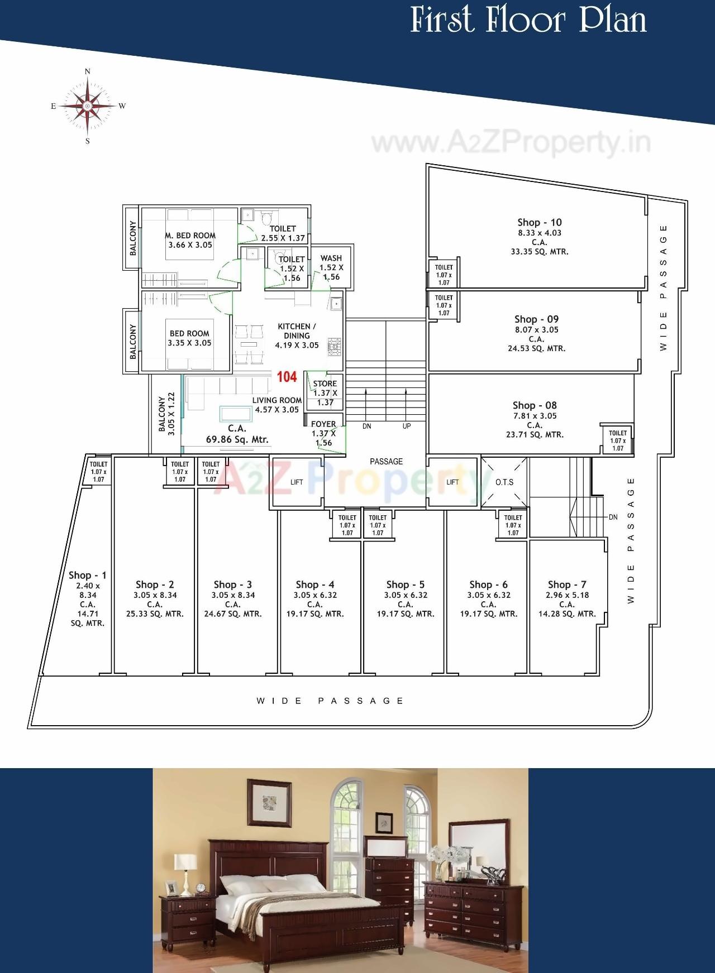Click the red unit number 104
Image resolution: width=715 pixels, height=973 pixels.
287,377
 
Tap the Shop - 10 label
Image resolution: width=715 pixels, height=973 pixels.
539,222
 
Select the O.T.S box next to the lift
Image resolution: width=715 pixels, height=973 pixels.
504,482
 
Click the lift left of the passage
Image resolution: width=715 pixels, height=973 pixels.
297,482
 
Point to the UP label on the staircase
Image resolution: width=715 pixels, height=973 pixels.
407,426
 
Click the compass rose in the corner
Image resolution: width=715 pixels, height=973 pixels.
87,106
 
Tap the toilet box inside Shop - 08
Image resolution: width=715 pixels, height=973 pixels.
617,440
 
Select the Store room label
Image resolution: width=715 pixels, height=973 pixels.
325,384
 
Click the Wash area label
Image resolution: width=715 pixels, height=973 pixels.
331,258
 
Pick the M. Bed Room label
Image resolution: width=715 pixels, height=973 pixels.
190,236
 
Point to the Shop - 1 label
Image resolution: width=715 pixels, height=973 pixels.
88,575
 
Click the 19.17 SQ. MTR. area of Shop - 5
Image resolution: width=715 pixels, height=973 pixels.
405,613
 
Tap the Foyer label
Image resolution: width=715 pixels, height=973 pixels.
323,424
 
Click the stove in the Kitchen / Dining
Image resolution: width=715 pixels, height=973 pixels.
335,346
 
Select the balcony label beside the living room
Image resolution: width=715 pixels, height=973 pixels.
162,413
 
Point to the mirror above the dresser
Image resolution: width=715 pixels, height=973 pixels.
480,847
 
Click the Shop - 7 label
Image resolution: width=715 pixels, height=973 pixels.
567,584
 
